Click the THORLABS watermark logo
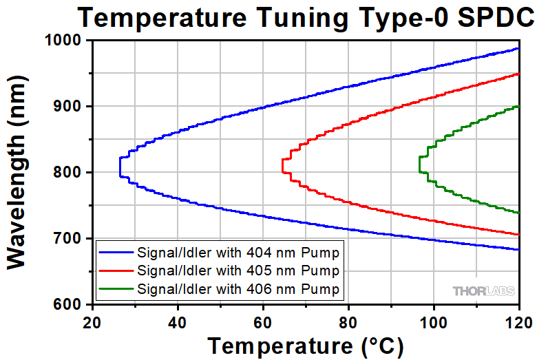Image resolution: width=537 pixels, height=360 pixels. pyautogui.click(x=483, y=291)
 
